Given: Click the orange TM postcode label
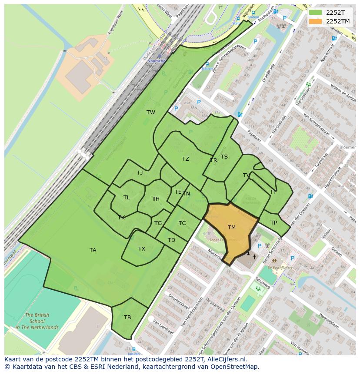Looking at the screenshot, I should pyautogui.click(x=231, y=228).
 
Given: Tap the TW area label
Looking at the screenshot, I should pyautogui.click(x=150, y=113).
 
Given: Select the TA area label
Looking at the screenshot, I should pyautogui.click(x=93, y=250).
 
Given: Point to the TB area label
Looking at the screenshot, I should pyautogui.click(x=127, y=318).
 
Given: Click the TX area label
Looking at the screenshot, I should pyautogui.click(x=142, y=249).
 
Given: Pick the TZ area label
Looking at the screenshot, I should pyautogui.click(x=186, y=159).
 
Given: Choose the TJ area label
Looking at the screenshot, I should pyautogui.click(x=140, y=173).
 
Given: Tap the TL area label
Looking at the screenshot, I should pyautogui.click(x=127, y=198).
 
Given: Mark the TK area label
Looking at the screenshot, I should pyautogui.click(x=121, y=218).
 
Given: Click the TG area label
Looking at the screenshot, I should pyautogui.click(x=158, y=223).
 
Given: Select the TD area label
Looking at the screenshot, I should pyautogui.click(x=171, y=240).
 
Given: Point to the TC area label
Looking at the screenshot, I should pyautogui.click(x=182, y=223).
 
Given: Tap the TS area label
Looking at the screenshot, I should pyautogui.click(x=224, y=157).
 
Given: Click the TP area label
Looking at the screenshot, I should pyautogui.click(x=273, y=223).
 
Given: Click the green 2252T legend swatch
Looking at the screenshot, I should pyautogui.click(x=316, y=13).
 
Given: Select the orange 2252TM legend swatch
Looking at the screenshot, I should pyautogui.click(x=316, y=21).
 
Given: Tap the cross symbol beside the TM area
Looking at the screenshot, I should pyautogui.click(x=254, y=257).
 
